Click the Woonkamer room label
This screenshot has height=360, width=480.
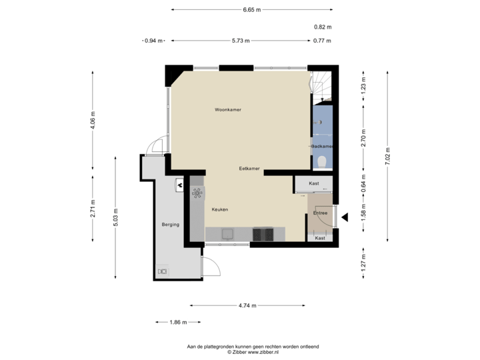point(228,109)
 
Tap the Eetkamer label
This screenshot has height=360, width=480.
point(249,169)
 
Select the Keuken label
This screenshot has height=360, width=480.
point(220,209)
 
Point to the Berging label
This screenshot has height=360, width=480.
point(170,225)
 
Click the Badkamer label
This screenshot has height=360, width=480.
point(323,146)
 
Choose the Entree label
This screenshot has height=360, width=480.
point(321,213)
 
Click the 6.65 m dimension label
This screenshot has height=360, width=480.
point(252,9)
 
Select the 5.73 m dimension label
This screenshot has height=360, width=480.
point(241,41)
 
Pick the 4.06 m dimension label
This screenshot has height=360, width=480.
point(93,121)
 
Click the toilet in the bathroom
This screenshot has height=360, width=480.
point(322,160)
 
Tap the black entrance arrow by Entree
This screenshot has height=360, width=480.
point(345,216)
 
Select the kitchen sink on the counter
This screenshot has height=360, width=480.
point(227,233)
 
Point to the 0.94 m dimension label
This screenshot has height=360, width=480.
point(153,41)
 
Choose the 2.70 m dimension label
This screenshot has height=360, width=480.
point(363,137)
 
